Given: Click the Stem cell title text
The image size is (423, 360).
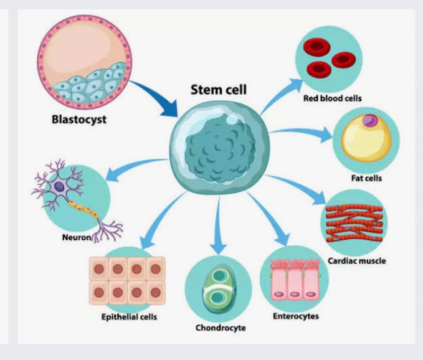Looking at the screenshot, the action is pos(219,90).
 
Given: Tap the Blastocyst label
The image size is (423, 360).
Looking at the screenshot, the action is pos(79,119).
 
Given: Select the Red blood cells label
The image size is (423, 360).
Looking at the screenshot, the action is pos(333,98).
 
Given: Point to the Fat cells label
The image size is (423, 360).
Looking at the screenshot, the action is pos(366,178).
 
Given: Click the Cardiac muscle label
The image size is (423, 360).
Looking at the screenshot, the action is pos(356,261).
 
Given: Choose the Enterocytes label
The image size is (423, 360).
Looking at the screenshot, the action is pos(296,316).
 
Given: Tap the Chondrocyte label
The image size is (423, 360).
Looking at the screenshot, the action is pos(221,328).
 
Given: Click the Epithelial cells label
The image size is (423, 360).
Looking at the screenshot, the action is pos(129,316).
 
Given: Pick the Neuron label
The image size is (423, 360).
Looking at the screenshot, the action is pos(77,237).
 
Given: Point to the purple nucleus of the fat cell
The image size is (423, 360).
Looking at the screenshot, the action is pos(369,120).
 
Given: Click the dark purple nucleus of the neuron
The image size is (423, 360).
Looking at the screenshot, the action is pos(59,187).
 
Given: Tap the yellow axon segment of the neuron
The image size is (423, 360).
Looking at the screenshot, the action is pos(83,209).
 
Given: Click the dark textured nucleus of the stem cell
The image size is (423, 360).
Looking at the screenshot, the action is pos(220,148).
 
